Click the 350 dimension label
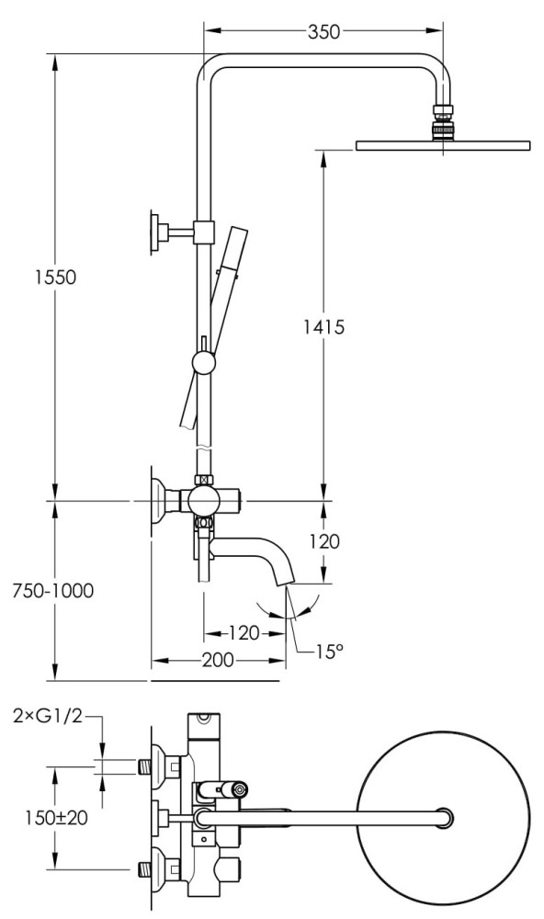coord(323,31)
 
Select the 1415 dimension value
coord(323,326)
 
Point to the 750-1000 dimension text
coord(52,590)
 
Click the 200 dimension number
coord(218,660)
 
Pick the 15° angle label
coord(329,652)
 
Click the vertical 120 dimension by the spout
coord(323,541)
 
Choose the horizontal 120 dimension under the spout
coord(244,633)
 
